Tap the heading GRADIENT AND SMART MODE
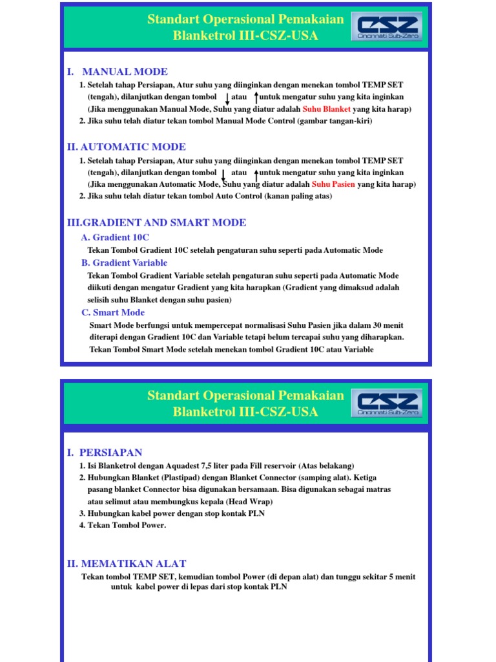click(157, 223)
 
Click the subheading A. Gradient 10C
click(115, 238)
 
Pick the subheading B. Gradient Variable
click(124, 263)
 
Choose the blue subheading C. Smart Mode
click(113, 313)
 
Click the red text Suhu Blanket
click(327, 109)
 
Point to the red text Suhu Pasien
click(333, 184)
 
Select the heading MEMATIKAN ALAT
click(127, 564)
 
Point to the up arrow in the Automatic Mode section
click(256, 174)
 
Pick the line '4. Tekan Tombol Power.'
click(123, 525)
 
